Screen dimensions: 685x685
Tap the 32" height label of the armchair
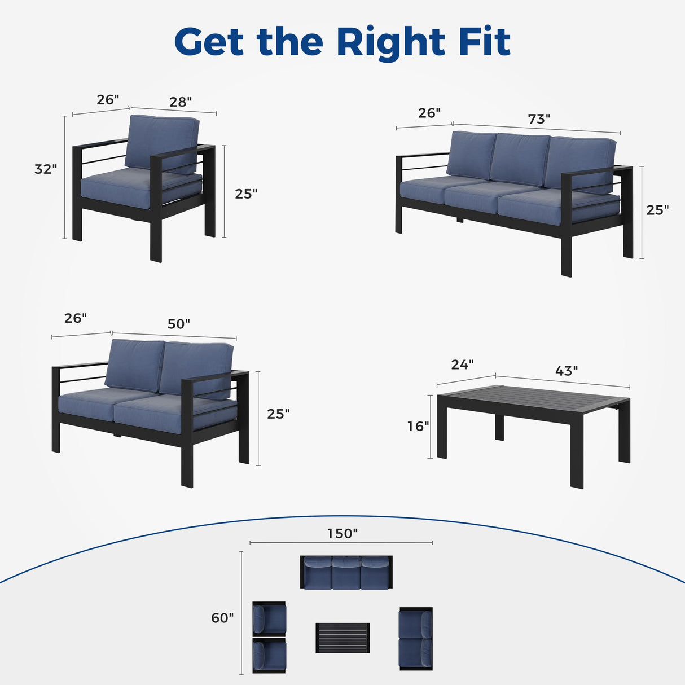point(46,169)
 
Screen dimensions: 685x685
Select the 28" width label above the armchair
point(181,102)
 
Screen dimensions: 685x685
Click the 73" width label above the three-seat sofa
point(539,119)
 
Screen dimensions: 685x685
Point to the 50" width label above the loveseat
point(178,324)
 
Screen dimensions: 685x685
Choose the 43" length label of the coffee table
point(567,371)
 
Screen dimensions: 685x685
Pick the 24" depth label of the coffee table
point(462,365)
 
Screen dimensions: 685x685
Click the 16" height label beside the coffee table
point(418,426)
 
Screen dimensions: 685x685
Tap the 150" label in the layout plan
point(342,533)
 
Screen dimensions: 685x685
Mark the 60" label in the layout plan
point(222,618)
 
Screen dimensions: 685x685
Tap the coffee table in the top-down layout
point(342,638)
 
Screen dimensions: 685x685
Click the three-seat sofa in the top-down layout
point(346,573)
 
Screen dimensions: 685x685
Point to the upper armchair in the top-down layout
point(269,618)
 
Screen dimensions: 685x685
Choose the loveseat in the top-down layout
point(416,639)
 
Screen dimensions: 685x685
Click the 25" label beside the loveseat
point(278,414)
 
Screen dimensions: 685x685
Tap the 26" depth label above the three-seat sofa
point(429,113)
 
